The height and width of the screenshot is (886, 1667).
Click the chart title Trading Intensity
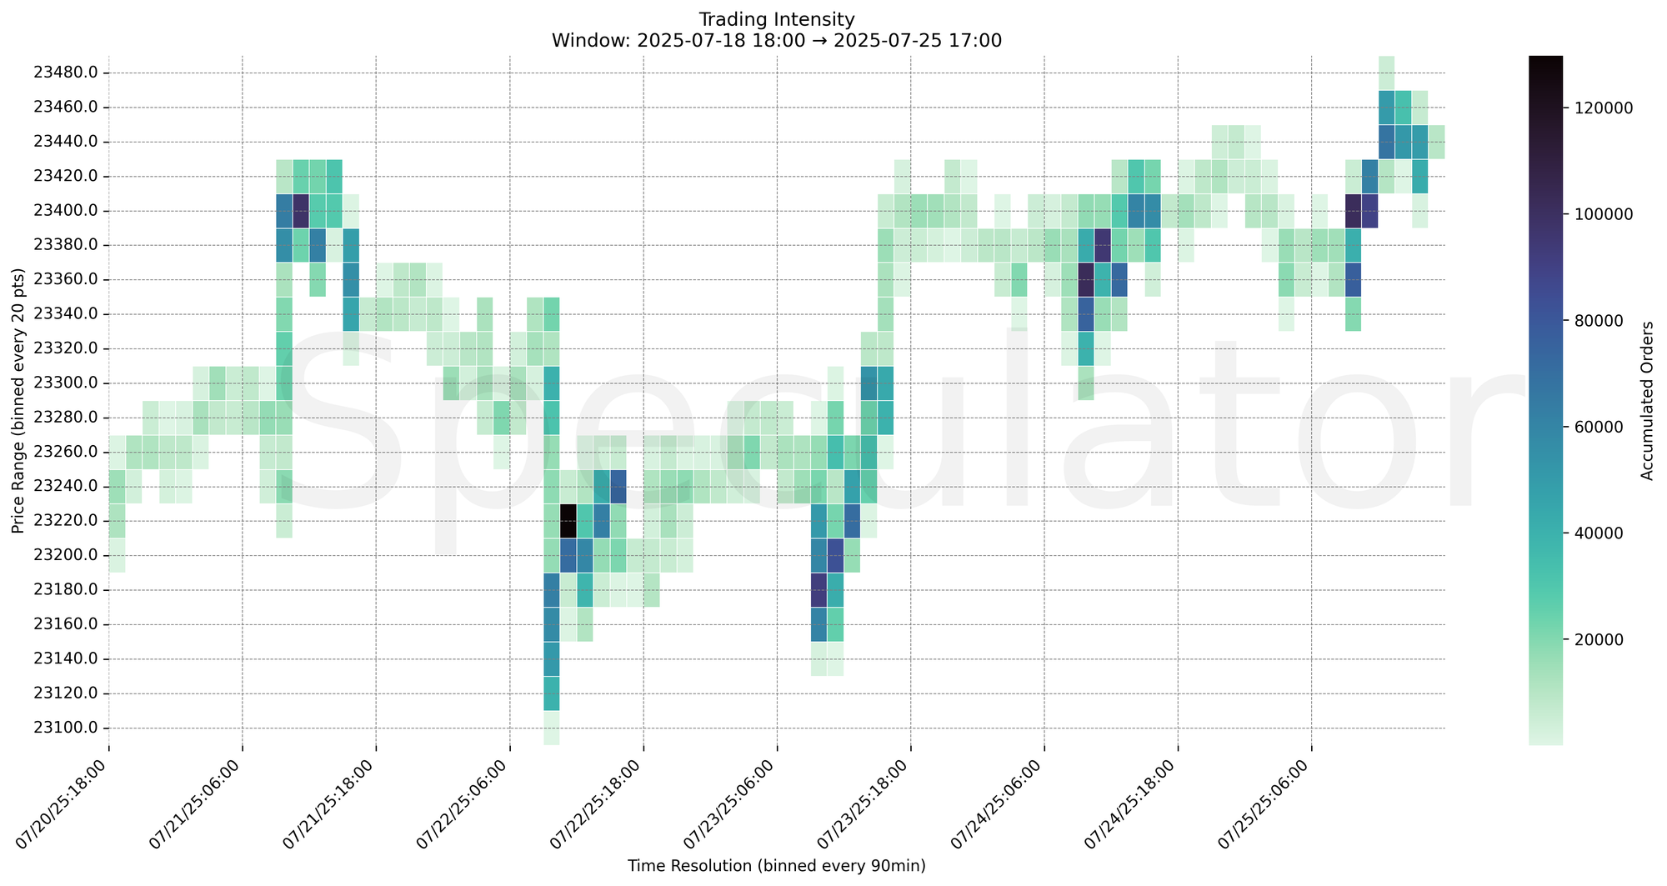point(776,19)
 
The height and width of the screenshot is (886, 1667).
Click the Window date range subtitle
point(776,40)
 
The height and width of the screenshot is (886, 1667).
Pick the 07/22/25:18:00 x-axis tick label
point(604,803)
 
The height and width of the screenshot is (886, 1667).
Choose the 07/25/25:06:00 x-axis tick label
point(1273,803)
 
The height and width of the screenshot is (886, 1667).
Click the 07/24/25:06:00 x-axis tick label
point(1005,803)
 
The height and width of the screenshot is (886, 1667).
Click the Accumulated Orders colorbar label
point(1647,400)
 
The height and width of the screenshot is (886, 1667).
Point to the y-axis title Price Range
point(18,400)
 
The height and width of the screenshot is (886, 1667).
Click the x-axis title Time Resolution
point(776,866)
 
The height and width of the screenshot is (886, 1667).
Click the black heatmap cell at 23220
point(568,521)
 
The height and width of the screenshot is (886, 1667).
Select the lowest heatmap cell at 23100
point(552,728)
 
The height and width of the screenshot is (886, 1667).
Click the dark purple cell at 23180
point(818,589)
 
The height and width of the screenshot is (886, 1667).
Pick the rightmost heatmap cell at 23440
point(1436,142)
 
